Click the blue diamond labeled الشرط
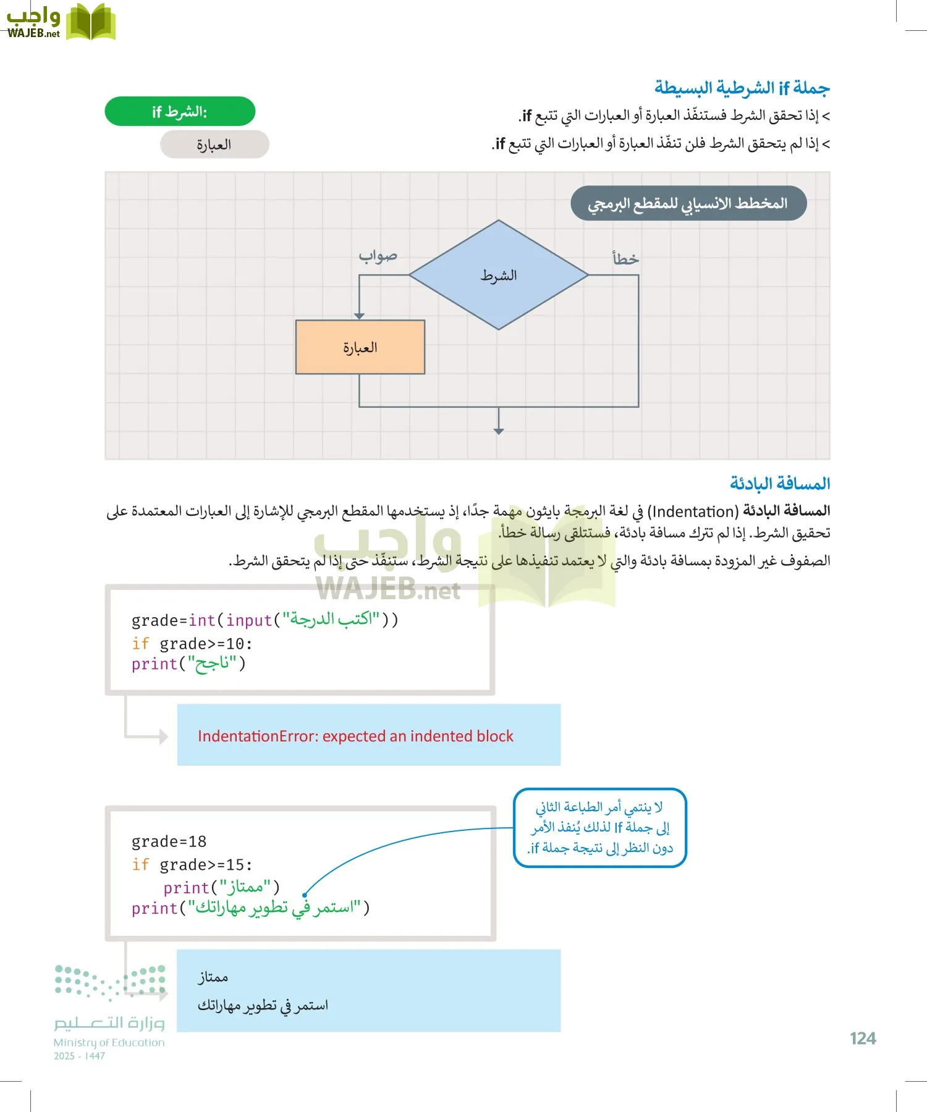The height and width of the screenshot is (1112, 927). (x=499, y=275)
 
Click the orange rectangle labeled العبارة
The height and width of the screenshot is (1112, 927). (x=360, y=347)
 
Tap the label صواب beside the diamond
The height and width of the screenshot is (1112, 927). (x=378, y=256)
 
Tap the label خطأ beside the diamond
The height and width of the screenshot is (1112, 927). (x=625, y=259)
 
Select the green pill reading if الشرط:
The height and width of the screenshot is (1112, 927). (x=180, y=112)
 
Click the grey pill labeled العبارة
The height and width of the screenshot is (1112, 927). (x=214, y=145)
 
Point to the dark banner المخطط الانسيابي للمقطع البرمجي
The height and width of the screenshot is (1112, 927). (x=688, y=203)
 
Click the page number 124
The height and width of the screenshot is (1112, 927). (x=862, y=1038)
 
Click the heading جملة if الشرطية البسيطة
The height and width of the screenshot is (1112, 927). (x=742, y=88)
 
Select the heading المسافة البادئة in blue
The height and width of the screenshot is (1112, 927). (x=779, y=483)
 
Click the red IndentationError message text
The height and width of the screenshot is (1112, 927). (x=355, y=736)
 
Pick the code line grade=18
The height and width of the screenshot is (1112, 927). (x=169, y=841)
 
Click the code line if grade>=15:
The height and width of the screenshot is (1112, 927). (x=192, y=865)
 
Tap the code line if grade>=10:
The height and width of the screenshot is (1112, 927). (x=192, y=644)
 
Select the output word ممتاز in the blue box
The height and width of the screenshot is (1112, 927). (x=213, y=977)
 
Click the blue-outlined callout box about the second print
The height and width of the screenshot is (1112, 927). (x=600, y=828)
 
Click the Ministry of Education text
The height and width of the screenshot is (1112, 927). (x=109, y=1042)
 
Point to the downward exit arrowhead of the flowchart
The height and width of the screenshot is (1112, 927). (x=499, y=431)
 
